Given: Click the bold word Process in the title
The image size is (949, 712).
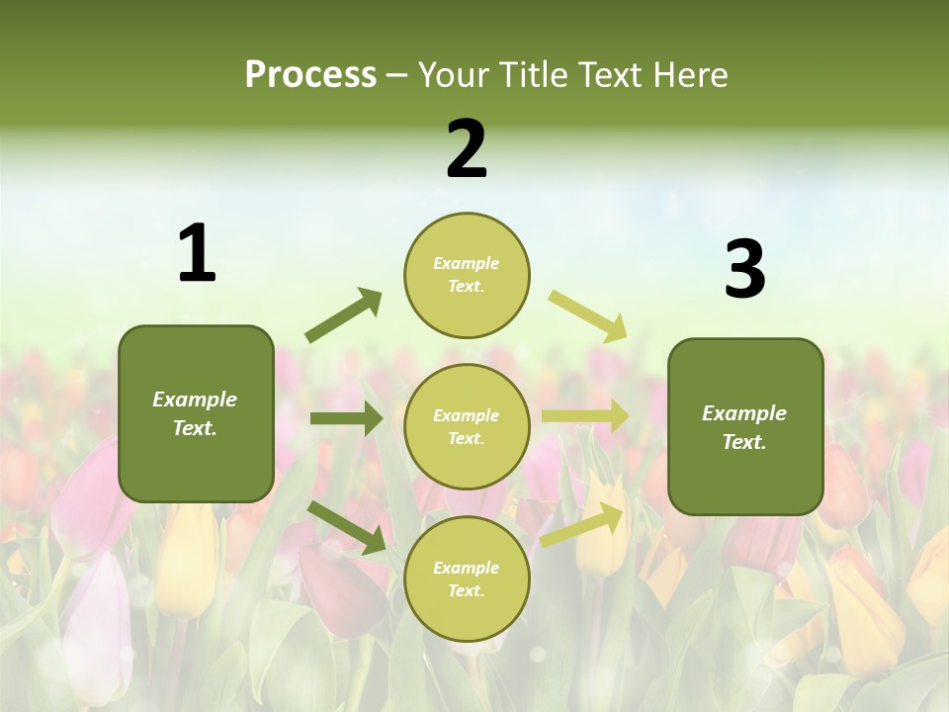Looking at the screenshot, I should [x=310, y=74].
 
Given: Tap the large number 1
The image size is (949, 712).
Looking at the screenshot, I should [x=197, y=253].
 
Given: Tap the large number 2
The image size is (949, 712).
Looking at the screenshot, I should [x=467, y=149].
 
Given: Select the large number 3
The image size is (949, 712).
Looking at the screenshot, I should [x=744, y=269].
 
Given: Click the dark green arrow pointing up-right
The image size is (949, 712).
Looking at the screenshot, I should [x=344, y=315].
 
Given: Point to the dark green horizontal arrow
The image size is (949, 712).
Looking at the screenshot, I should [x=346, y=418].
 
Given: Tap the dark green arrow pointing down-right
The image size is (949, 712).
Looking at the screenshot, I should [x=347, y=527].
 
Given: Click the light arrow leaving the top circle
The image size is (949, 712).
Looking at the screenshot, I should [x=588, y=315].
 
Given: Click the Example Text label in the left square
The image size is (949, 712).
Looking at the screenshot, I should [x=195, y=413].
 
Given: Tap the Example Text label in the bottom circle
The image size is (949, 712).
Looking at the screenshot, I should [x=466, y=578].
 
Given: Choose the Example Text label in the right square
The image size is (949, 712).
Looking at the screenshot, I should [x=744, y=427].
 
